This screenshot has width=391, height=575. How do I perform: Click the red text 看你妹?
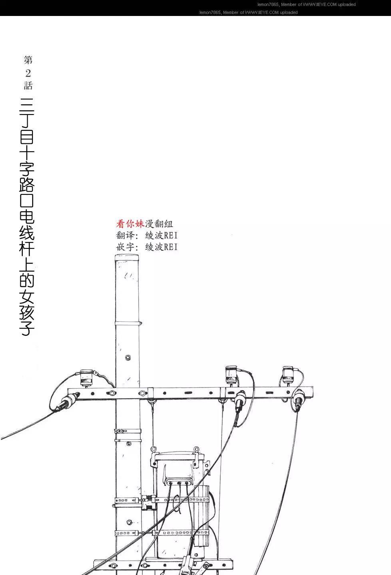(x=130, y=224)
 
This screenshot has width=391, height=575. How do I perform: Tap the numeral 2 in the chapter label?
(x=28, y=73)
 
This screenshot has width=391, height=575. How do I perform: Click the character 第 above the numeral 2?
(x=28, y=60)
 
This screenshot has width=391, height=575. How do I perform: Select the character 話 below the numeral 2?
(x=28, y=85)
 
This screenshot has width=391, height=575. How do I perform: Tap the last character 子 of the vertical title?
(x=27, y=328)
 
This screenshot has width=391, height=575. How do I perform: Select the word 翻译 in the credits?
(x=125, y=235)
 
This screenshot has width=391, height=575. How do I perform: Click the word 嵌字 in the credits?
(x=125, y=247)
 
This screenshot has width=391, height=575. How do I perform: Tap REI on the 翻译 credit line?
(x=171, y=235)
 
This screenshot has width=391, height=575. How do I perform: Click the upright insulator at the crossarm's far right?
(x=288, y=375)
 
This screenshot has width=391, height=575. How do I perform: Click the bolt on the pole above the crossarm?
(x=128, y=358)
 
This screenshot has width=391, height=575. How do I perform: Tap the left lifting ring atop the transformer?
(x=154, y=449)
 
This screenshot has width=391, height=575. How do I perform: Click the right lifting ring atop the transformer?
(x=196, y=449)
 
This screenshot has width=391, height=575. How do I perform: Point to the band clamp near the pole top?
(x=128, y=323)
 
